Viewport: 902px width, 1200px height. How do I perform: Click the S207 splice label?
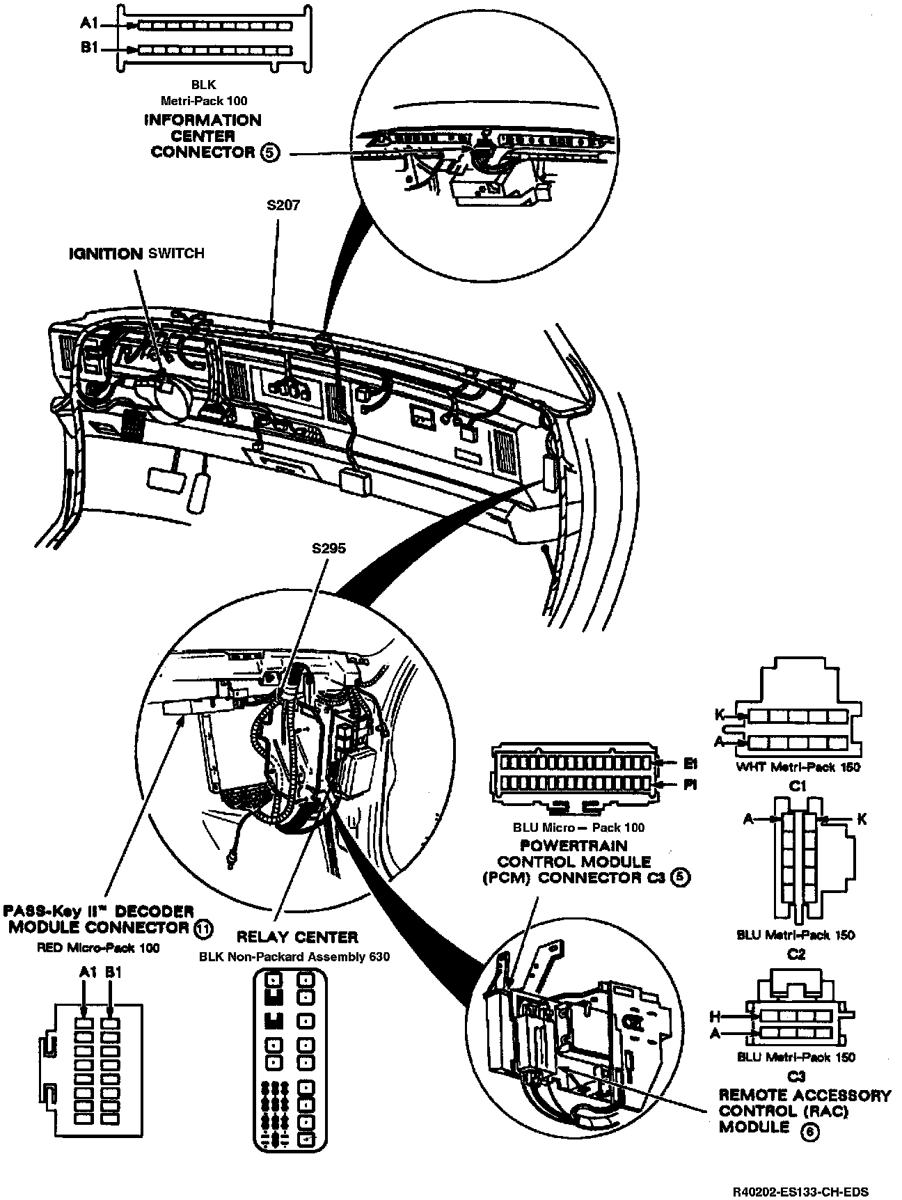[x=283, y=206]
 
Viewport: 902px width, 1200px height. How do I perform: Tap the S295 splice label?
[x=329, y=548]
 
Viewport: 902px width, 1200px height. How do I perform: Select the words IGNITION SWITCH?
[x=136, y=253]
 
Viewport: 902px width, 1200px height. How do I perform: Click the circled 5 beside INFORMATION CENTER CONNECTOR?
[x=271, y=152]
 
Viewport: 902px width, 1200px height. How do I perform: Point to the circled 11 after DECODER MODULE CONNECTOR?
[x=203, y=929]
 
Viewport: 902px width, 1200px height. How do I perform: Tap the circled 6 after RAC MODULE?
[x=810, y=1131]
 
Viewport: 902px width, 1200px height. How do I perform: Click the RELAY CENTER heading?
[x=297, y=937]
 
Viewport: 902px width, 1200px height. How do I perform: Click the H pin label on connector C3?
[x=714, y=1016]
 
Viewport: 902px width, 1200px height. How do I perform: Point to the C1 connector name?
[x=798, y=786]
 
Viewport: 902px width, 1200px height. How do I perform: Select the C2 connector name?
[x=796, y=954]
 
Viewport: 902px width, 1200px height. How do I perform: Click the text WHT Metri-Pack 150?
[x=798, y=767]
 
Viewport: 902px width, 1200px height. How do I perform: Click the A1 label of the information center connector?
[x=88, y=24]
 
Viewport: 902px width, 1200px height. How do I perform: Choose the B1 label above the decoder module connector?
[x=113, y=973]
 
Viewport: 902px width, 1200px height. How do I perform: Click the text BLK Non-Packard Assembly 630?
[x=294, y=956]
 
